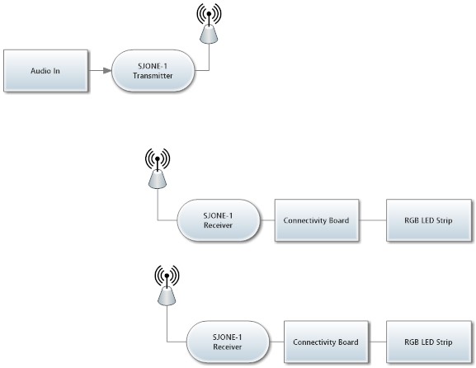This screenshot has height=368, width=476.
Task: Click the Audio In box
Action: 46,70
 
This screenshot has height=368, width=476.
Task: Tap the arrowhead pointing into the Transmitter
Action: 107,70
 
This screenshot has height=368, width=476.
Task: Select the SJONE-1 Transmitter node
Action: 153,70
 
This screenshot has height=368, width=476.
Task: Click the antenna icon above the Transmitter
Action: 209,23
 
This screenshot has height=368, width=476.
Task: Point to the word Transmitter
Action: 153,76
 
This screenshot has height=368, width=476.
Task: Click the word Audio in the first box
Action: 39,71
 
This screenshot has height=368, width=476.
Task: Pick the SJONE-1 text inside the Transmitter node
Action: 153,66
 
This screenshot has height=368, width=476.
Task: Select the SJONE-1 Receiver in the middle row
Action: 219,220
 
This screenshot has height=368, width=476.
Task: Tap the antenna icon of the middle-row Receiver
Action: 158,168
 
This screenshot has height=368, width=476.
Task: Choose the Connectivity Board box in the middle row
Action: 317,220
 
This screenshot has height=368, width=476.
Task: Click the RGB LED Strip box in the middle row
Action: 429,220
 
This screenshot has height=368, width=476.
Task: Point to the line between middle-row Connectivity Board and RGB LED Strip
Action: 373,220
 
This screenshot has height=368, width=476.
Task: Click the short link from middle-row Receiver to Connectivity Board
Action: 267,220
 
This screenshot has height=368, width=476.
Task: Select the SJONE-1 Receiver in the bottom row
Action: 228,342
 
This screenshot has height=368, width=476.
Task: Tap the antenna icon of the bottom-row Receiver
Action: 167,285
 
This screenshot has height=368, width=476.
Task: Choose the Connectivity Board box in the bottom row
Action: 326,342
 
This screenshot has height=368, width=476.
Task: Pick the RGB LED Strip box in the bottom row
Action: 429,342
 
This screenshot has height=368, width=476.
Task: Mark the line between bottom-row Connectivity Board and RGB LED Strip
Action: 377,342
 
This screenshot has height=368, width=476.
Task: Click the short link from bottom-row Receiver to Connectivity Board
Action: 276,342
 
